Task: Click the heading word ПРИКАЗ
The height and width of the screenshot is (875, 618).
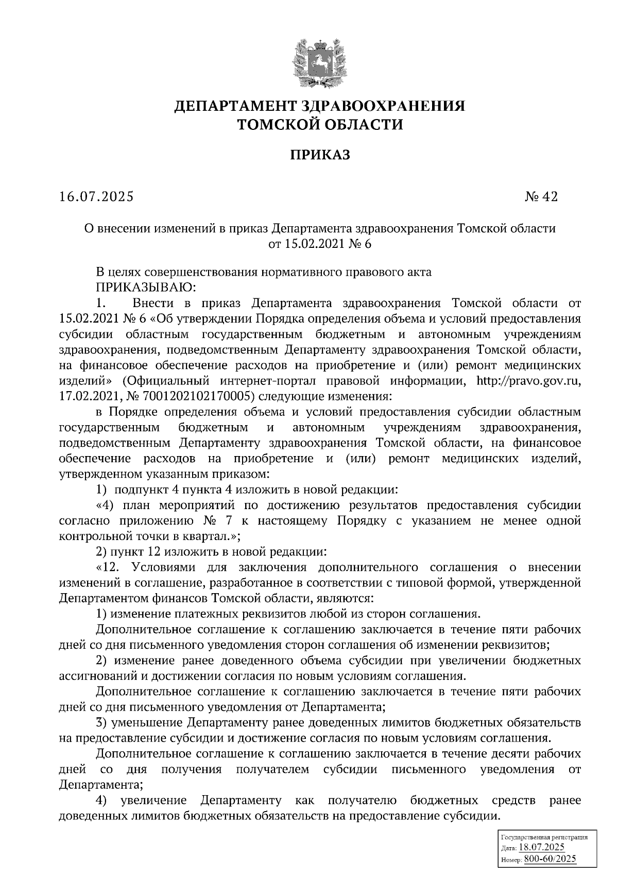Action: pos(318,155)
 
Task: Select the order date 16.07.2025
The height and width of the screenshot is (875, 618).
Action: pos(96,197)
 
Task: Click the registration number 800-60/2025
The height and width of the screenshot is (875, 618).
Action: pos(550,859)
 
